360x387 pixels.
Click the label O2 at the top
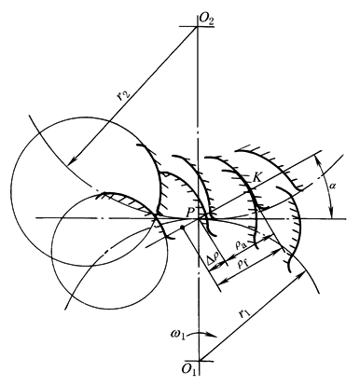(x=207, y=19)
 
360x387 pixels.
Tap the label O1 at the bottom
(x=189, y=369)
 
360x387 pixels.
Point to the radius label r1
(x=245, y=315)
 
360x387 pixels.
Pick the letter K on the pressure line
(x=256, y=178)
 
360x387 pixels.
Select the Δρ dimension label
(x=214, y=259)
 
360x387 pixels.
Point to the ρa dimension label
(x=242, y=246)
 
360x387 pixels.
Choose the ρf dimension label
(x=243, y=265)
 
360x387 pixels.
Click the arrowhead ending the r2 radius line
(x=72, y=160)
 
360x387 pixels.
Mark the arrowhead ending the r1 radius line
(x=300, y=276)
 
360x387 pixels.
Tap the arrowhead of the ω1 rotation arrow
(x=213, y=336)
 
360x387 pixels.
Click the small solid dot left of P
(x=184, y=228)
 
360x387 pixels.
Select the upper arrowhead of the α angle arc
(x=318, y=159)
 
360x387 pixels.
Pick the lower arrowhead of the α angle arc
(x=332, y=214)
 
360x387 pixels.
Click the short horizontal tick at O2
(x=197, y=27)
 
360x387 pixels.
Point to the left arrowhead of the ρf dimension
(x=221, y=283)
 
